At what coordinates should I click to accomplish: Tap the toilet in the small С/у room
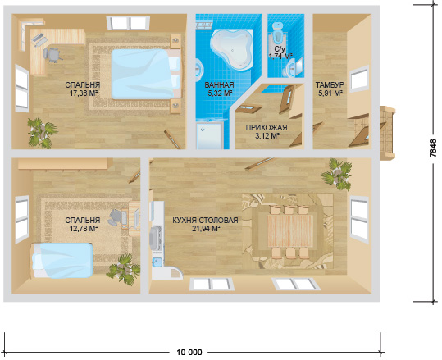[x=278, y=32]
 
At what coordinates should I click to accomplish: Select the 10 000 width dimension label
[x=189, y=352]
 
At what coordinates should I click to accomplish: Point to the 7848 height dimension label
[x=433, y=148]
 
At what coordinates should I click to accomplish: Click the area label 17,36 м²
[x=84, y=93]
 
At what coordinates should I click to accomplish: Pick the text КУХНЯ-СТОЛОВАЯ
[x=205, y=220]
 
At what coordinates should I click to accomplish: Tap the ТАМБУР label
[x=330, y=84]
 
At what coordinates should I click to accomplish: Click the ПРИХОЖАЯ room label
[x=267, y=128]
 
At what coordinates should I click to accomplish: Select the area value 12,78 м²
[x=84, y=228]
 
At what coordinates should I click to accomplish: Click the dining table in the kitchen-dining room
[x=290, y=230]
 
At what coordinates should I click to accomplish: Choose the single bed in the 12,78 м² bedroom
[x=62, y=260]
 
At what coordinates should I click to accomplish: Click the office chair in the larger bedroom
[x=52, y=54]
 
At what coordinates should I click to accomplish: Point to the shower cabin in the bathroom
[x=209, y=135]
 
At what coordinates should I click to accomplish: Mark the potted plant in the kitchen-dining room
[x=337, y=174]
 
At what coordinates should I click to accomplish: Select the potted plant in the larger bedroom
[x=43, y=133]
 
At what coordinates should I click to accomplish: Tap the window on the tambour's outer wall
[x=359, y=80]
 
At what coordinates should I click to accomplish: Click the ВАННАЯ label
[x=219, y=84]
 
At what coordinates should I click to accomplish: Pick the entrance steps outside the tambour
[x=387, y=133]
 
